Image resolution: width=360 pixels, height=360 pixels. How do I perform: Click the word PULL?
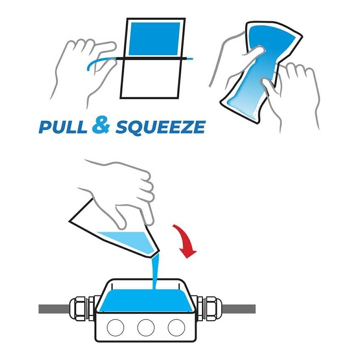(63, 127)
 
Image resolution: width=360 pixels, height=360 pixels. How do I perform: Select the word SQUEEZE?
(161, 127)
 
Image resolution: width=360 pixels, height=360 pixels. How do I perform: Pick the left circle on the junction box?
(115, 327)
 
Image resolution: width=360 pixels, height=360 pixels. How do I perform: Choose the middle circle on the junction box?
(146, 327)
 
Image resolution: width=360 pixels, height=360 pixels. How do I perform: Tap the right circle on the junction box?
(176, 327)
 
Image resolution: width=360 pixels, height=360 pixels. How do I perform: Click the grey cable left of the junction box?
(54, 309)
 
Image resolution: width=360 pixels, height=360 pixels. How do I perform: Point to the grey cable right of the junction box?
(239, 309)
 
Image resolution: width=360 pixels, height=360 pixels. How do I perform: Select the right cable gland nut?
(214, 309)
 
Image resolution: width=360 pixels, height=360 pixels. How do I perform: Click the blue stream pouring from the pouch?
(156, 271)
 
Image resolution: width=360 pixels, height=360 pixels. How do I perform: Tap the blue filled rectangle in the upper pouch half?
(154, 39)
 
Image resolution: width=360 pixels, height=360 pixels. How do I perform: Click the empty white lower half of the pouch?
(150, 79)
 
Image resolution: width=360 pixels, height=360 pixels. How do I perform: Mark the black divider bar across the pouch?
(150, 59)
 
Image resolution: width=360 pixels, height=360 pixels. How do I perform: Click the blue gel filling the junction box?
(146, 300)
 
